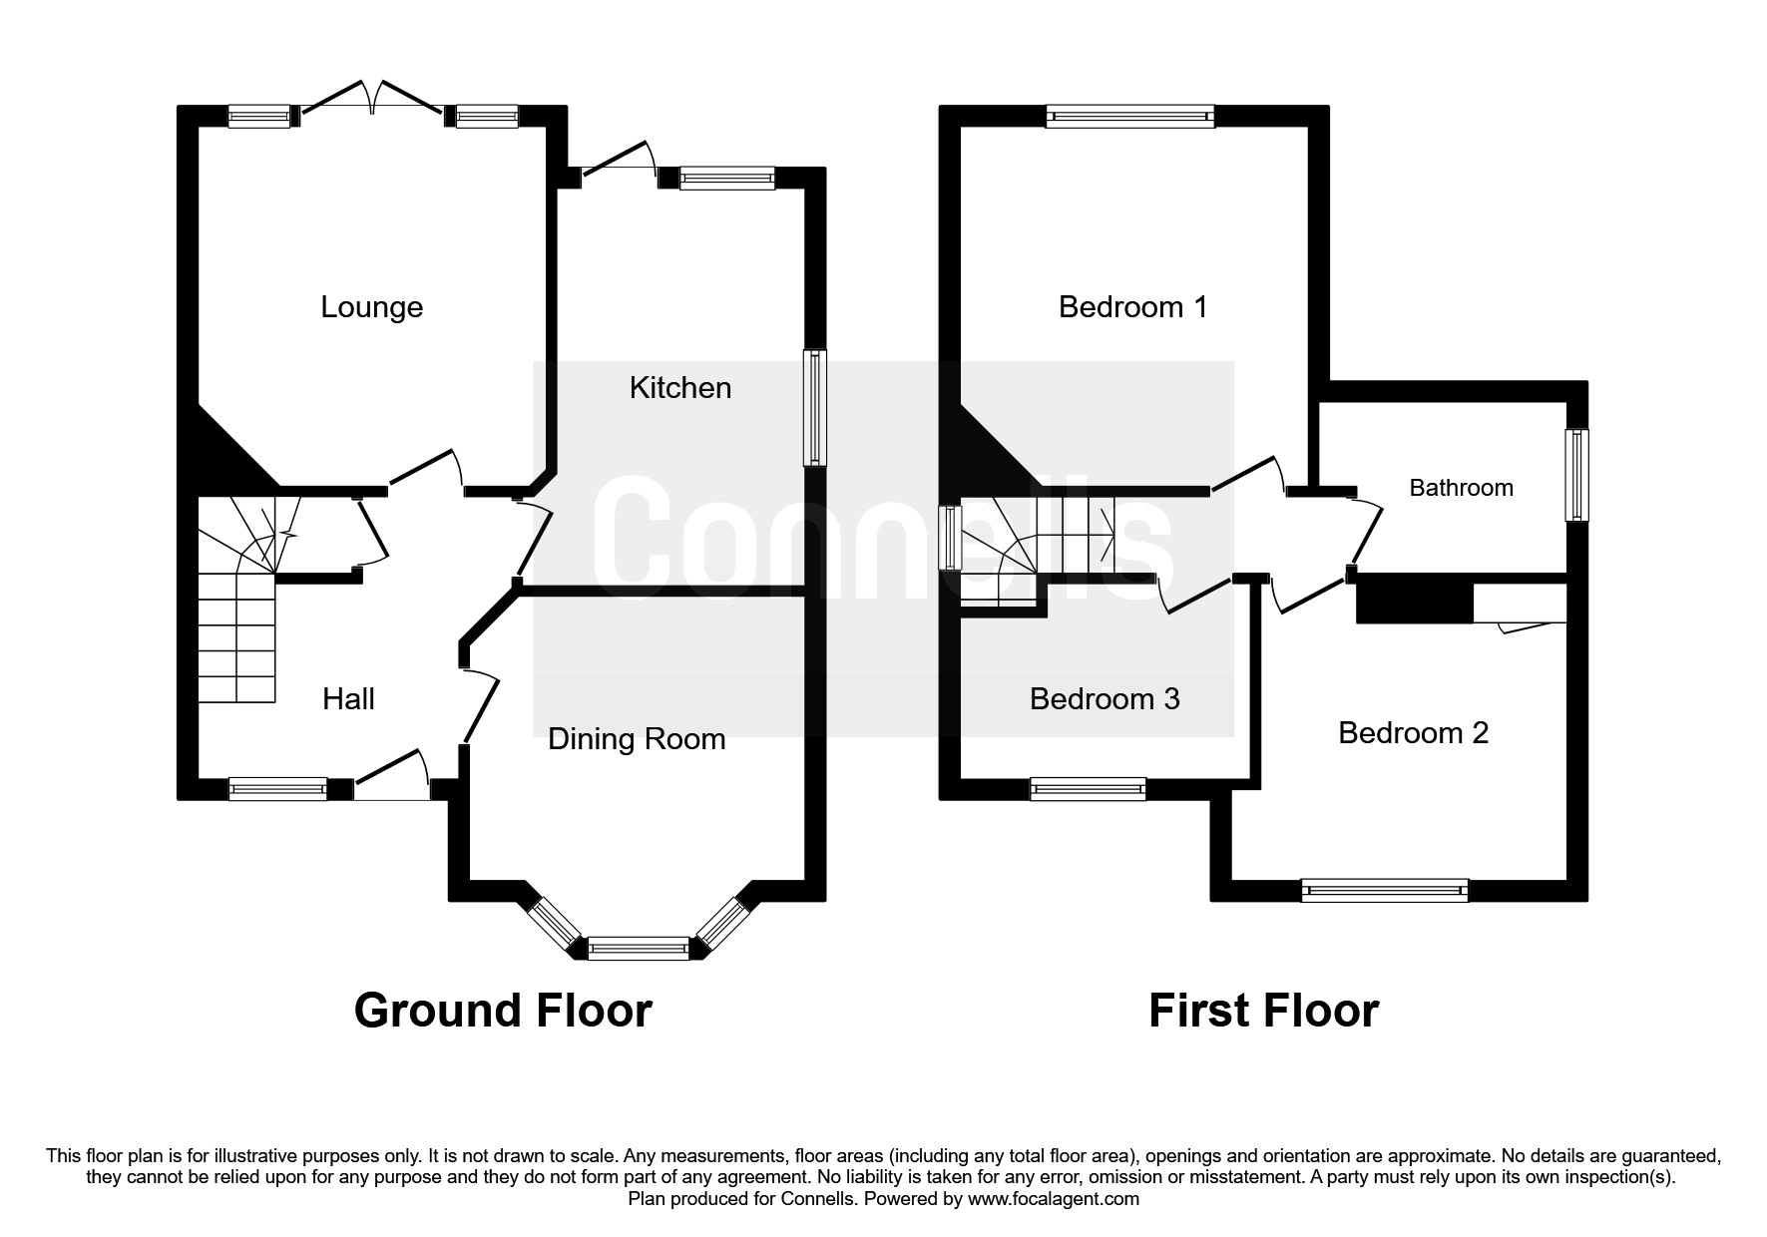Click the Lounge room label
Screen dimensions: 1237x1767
(x=371, y=306)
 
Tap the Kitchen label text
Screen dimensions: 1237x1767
(x=679, y=387)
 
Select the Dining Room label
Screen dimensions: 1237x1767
(x=637, y=738)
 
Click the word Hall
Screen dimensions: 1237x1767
(x=348, y=698)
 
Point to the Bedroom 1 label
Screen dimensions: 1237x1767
(x=1132, y=306)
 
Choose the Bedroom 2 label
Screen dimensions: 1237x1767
(x=1413, y=733)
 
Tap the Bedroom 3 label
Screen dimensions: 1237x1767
(x=1104, y=698)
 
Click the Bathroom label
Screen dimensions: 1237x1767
(x=1461, y=488)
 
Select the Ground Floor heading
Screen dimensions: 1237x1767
(x=503, y=1010)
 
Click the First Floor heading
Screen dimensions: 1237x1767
(x=1263, y=1010)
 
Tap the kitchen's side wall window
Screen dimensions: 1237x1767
(x=816, y=406)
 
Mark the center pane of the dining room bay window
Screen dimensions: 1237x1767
(x=639, y=948)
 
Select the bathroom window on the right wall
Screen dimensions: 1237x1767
(x=1576, y=475)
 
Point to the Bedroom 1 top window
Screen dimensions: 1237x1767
(x=1130, y=117)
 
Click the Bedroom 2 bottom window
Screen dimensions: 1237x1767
(x=1385, y=890)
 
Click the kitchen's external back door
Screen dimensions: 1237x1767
(x=617, y=165)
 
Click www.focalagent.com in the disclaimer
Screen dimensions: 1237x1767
(x=1054, y=1199)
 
